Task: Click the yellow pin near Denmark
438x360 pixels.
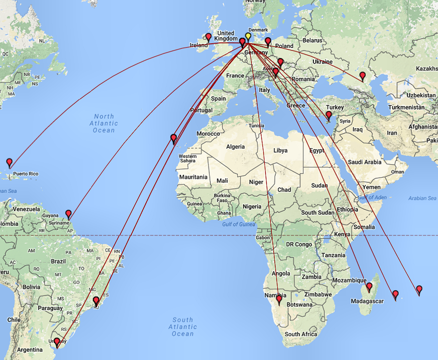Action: pyautogui.click(x=248, y=36)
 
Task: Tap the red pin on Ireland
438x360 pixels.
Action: pyautogui.click(x=208, y=37)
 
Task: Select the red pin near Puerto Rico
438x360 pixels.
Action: pyautogui.click(x=9, y=162)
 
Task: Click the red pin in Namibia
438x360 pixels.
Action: pyautogui.click(x=279, y=299)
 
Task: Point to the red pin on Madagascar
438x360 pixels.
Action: pyautogui.click(x=369, y=286)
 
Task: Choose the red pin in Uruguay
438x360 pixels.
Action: pyautogui.click(x=57, y=342)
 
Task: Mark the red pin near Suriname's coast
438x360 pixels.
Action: pyautogui.click(x=68, y=214)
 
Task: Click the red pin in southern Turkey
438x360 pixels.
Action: pyautogui.click(x=328, y=115)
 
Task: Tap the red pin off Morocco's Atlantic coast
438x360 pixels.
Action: pyautogui.click(x=173, y=138)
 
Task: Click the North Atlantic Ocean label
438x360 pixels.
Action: pyautogui.click(x=104, y=123)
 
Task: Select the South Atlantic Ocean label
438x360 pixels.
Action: pyautogui.click(x=183, y=327)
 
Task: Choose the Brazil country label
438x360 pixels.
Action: pyautogui.click(x=58, y=261)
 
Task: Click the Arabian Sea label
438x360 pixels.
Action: pyautogui.click(x=422, y=198)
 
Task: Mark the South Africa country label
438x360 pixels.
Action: pyautogui.click(x=301, y=334)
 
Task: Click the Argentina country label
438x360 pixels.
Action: pyautogui.click(x=30, y=350)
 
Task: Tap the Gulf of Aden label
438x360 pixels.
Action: pyautogui.click(x=372, y=197)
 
